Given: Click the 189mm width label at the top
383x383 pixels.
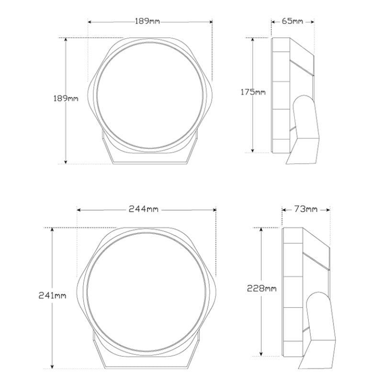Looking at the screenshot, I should tap(147, 22).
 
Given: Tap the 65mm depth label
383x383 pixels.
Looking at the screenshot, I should tap(293, 21).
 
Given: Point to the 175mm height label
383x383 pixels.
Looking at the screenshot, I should tap(253, 92).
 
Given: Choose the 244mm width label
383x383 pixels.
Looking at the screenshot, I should tap(144, 209).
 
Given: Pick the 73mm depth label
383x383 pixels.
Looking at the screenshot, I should tap(305, 209).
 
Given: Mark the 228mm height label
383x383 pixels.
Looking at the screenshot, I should tap(261, 288).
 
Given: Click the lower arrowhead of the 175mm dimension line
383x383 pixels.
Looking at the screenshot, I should tap(253, 150).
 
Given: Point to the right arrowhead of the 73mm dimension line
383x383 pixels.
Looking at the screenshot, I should tap(328, 210).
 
